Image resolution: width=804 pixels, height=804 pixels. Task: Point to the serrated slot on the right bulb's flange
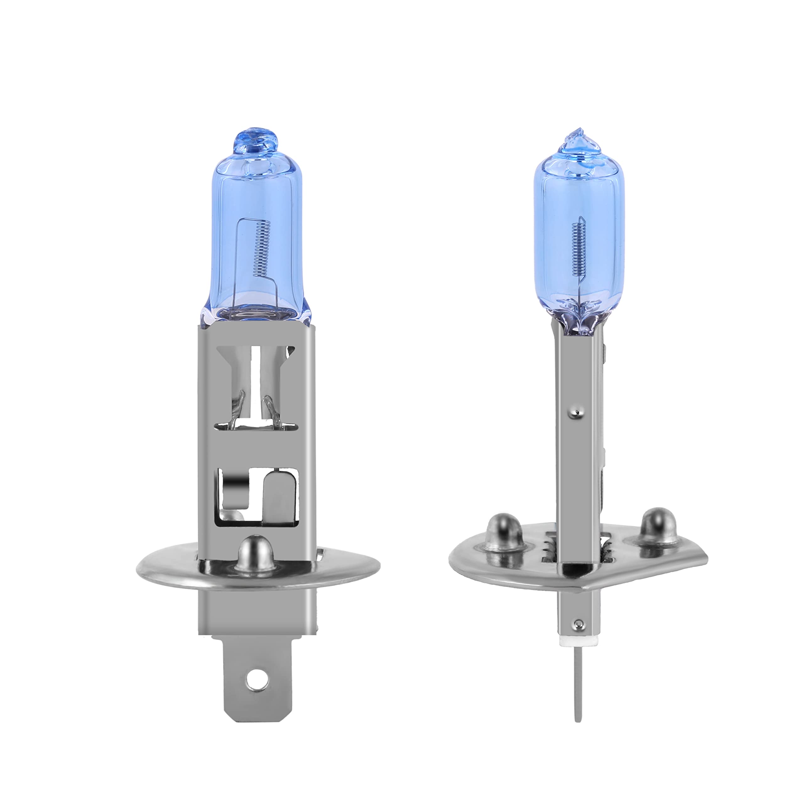coord(548,549)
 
